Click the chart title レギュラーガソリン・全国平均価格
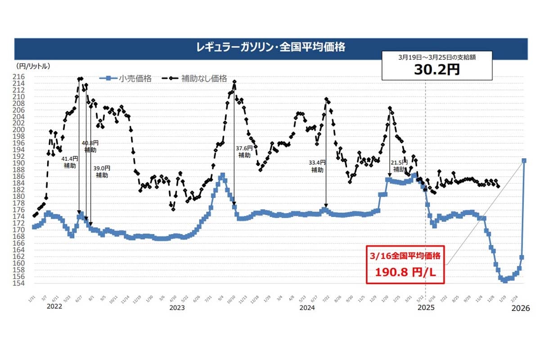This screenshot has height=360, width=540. [x=270, y=47]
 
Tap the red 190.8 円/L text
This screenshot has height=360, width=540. [x=405, y=273]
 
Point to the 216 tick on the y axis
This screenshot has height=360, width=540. [x=22, y=77]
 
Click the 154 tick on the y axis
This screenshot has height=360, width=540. [x=22, y=283]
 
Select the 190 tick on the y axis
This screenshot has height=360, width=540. [x=22, y=163]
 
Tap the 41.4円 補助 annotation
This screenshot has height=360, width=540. [x=70, y=162]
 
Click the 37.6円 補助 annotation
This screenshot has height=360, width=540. [x=244, y=151]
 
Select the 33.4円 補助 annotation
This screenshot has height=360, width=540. [x=317, y=166]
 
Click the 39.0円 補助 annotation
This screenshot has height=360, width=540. [x=102, y=171]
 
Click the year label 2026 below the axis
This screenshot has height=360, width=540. [x=521, y=309]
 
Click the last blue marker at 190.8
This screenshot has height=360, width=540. [x=524, y=161]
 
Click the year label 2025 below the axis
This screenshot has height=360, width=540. [x=427, y=308]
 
